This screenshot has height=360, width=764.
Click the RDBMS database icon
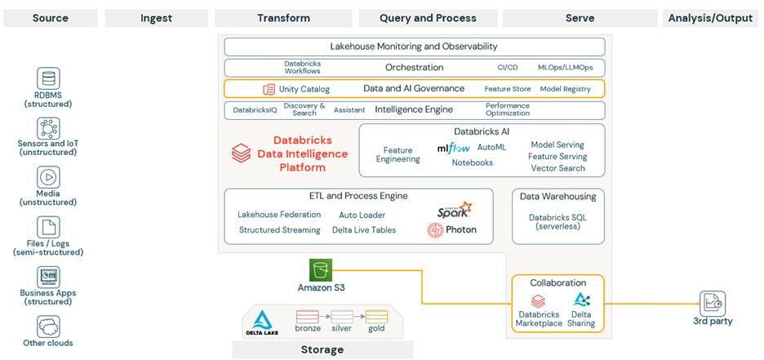[48, 78]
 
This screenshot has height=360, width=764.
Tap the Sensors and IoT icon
[48, 127]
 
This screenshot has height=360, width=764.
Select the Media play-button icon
[48, 177]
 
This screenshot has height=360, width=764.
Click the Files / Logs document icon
[48, 227]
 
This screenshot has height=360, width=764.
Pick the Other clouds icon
[48, 327]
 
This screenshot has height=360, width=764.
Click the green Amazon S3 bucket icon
[321, 270]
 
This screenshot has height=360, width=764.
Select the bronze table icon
[308, 316]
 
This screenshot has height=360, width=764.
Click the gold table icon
[376, 316]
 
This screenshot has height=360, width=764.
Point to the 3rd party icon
[713, 303]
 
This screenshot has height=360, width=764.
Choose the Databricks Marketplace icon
[538, 301]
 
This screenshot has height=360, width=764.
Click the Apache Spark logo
[454, 210]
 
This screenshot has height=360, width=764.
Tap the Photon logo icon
[436, 230]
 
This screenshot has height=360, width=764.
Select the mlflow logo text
[453, 148]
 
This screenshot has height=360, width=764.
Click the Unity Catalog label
[304, 89]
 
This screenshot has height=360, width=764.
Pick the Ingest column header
[155, 18]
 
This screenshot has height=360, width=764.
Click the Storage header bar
[322, 349]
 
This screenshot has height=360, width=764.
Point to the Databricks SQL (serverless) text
[557, 221]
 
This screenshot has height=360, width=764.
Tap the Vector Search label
[557, 168]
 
